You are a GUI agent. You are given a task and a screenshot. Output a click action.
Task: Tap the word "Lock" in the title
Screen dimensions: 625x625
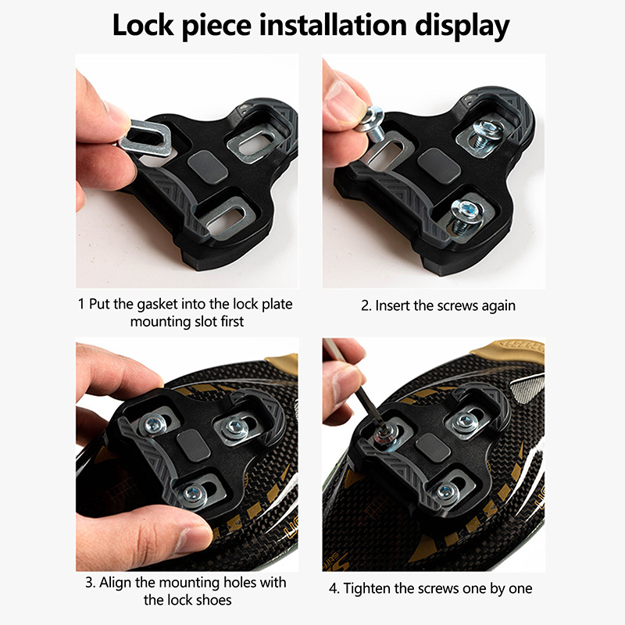pyautogui.click(x=143, y=25)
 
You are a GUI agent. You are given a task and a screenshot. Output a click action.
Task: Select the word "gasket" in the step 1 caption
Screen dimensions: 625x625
pyautogui.click(x=158, y=305)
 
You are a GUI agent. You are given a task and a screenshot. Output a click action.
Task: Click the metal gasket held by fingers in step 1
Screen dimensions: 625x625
pyautogui.click(x=146, y=138)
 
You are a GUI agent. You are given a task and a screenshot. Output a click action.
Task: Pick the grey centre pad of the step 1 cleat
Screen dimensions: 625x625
pyautogui.click(x=208, y=167)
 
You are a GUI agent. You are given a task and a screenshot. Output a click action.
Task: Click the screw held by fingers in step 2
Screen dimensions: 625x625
pyautogui.click(x=372, y=124)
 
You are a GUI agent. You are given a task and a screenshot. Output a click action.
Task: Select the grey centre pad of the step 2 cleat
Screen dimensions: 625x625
pyautogui.click(x=439, y=166)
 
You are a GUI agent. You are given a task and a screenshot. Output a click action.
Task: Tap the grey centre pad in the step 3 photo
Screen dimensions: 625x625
pyautogui.click(x=194, y=445)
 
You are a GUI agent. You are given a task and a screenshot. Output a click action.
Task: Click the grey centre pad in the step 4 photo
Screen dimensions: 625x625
pyautogui.click(x=433, y=448)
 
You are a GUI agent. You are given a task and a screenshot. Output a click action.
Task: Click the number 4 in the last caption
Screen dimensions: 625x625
pyautogui.click(x=334, y=589)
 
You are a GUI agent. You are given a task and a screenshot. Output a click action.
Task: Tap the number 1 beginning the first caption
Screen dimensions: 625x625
pyautogui.click(x=81, y=304)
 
